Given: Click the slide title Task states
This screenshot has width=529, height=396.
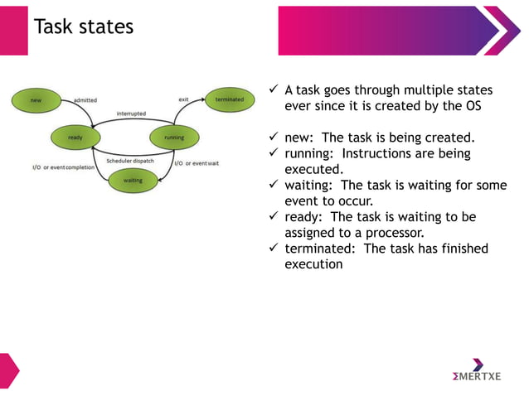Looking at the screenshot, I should tap(83, 27).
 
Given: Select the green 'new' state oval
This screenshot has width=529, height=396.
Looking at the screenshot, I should tap(37, 100).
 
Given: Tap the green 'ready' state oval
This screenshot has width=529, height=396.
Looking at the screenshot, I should tap(75, 138).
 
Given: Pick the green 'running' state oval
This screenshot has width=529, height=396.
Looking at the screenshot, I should tap(174, 138).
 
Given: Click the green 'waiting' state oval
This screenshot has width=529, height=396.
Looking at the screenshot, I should tap(133, 180).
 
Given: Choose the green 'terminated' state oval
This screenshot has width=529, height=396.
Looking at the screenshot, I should tap(230, 100).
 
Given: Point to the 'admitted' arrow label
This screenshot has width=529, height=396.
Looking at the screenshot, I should tap(85, 100).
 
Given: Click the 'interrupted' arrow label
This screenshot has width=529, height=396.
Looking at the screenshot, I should tap(131, 113).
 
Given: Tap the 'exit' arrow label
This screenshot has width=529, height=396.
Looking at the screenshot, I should tap(183, 99).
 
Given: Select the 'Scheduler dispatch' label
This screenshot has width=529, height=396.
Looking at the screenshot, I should tap(130, 161).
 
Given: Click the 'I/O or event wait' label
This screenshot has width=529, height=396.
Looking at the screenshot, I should tap(197, 163).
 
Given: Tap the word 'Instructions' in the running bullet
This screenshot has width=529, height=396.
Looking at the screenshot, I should tap(379, 153).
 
